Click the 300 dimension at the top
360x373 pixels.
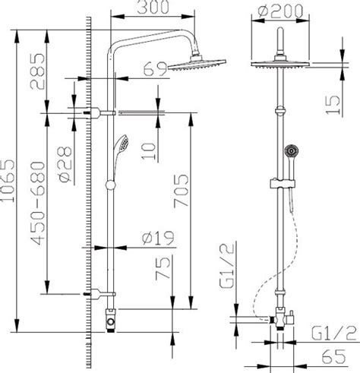coord(147,9)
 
